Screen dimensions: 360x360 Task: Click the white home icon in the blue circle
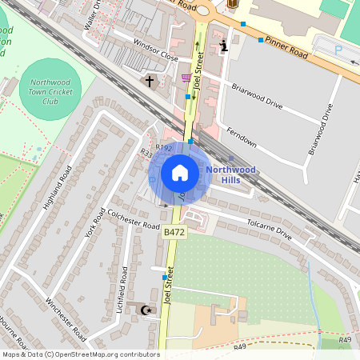180,172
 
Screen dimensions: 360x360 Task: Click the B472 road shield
174,232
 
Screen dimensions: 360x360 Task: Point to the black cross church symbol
149,81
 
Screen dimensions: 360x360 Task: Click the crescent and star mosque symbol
146,310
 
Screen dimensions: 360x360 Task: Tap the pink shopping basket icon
186,78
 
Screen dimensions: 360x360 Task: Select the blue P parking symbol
338,49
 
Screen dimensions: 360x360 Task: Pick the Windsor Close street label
155,52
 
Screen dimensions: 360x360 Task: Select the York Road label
95,222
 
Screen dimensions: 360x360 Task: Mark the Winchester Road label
66,319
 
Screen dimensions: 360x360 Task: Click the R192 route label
164,148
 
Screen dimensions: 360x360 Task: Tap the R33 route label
146,152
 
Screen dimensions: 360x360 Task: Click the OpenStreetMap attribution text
80,354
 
